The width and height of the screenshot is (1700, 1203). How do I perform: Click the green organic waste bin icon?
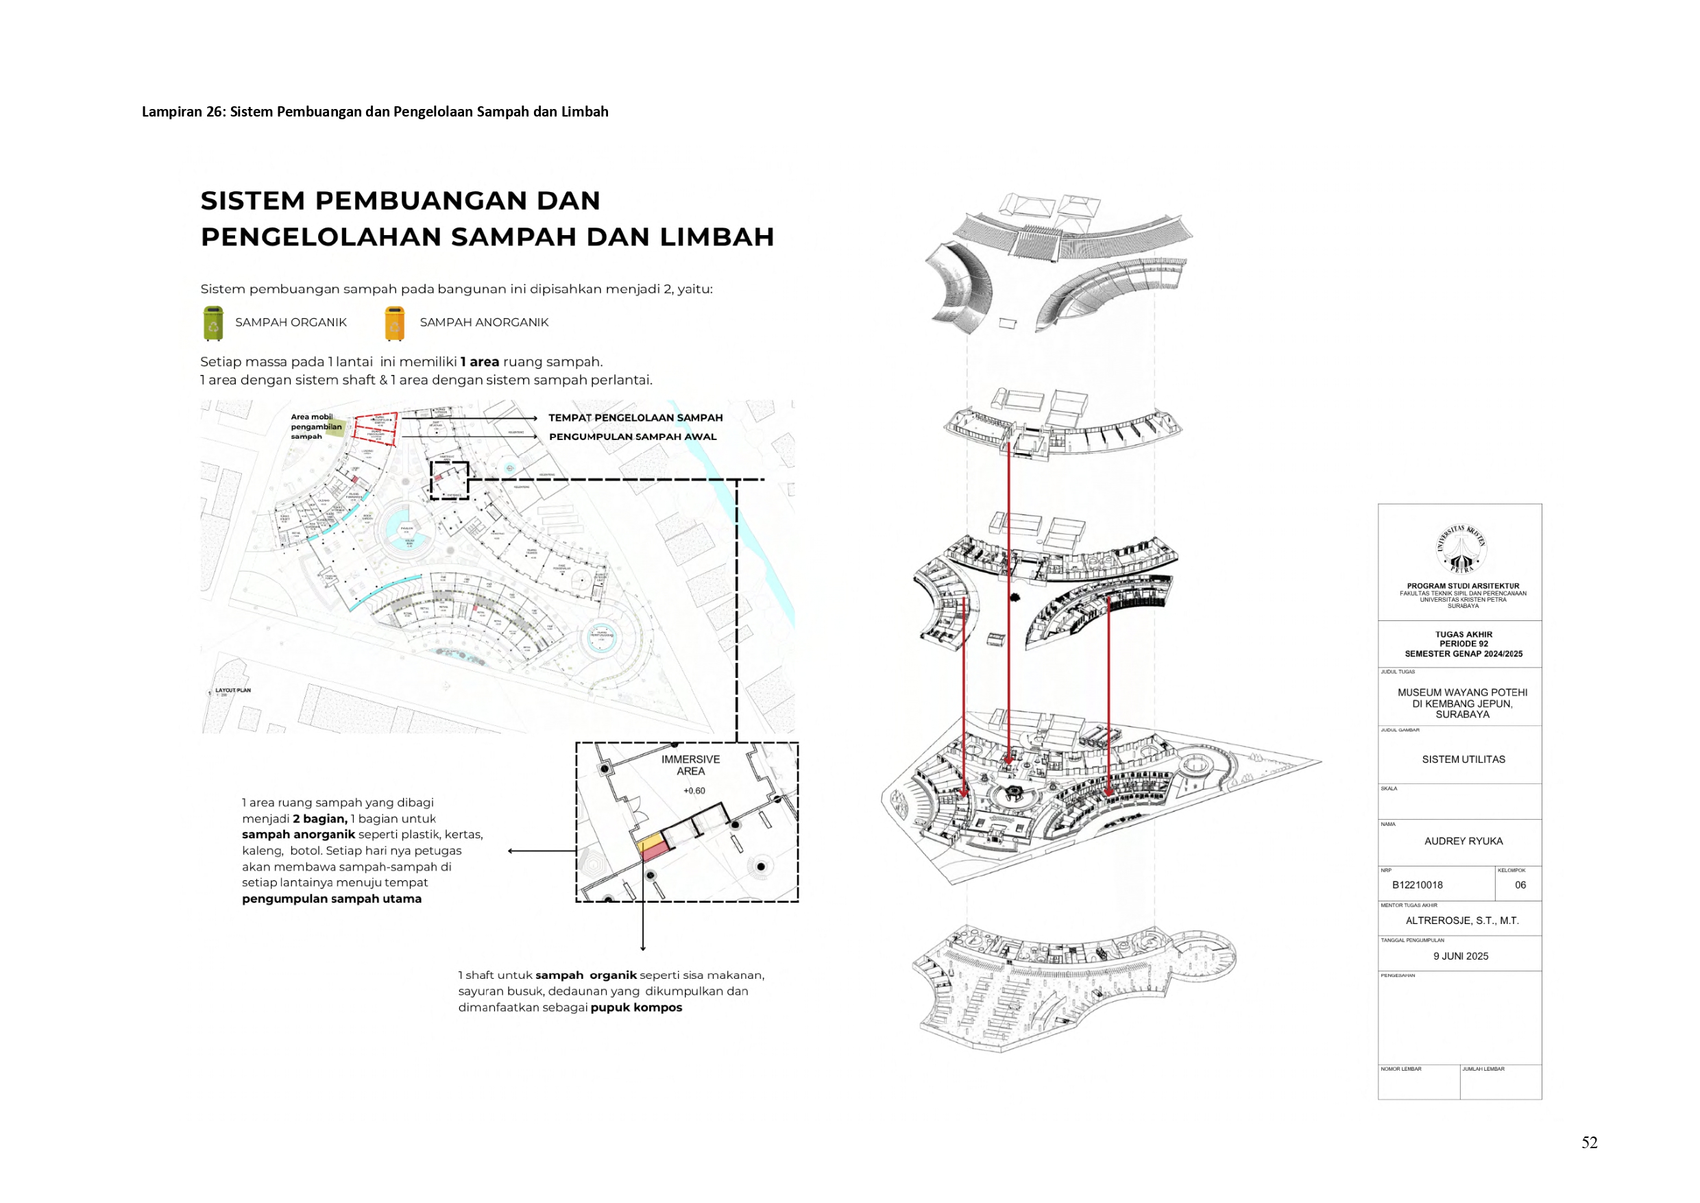coord(213,324)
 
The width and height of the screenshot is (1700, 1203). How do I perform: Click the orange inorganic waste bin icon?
coord(395,324)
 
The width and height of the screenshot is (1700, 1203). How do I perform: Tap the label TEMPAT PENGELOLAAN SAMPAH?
coord(635,417)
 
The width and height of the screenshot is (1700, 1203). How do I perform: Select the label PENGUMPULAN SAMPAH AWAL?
coord(632,437)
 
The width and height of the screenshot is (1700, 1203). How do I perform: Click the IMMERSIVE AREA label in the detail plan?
coord(690,765)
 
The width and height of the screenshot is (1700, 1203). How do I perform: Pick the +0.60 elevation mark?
coord(694,790)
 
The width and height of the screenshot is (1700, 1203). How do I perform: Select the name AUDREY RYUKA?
coord(1463,841)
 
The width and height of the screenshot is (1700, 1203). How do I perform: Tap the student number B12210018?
coord(1417,884)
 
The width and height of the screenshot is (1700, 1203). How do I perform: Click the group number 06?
coord(1520,884)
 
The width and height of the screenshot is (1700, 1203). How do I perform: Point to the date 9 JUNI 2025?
coord(1460,956)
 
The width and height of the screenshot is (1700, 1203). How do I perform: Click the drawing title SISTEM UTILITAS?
coord(1463,760)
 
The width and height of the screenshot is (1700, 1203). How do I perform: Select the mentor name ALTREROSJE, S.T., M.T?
coord(1461,920)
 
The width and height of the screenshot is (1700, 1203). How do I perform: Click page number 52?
coord(1589,1142)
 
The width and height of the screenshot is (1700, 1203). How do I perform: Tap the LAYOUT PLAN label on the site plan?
coord(232,690)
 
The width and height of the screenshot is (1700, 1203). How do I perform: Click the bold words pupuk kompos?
coord(636,1008)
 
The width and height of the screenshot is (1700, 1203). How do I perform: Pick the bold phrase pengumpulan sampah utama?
coord(331,899)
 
